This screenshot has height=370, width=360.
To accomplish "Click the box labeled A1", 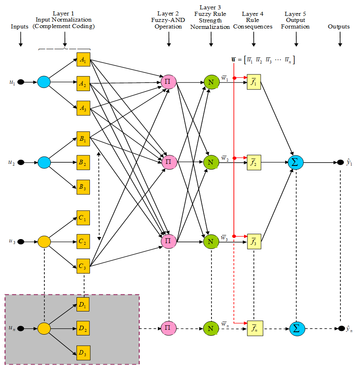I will coord(83,60).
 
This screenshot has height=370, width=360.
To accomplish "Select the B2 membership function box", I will coord(83,163).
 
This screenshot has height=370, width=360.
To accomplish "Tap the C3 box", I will coord(83,266).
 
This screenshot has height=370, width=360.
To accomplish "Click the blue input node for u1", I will coord(44,82).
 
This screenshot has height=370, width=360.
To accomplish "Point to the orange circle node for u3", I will coord(44,242).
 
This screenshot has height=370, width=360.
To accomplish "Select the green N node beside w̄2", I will coord(211,162).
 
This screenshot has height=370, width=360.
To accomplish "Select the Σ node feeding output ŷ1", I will coord(296,162).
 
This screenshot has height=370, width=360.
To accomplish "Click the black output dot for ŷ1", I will coord(340,163).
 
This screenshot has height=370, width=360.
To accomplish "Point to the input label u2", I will coord(12,162).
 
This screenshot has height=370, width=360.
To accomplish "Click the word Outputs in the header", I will coord(339,27).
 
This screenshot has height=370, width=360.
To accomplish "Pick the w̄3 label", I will coord(224,237).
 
